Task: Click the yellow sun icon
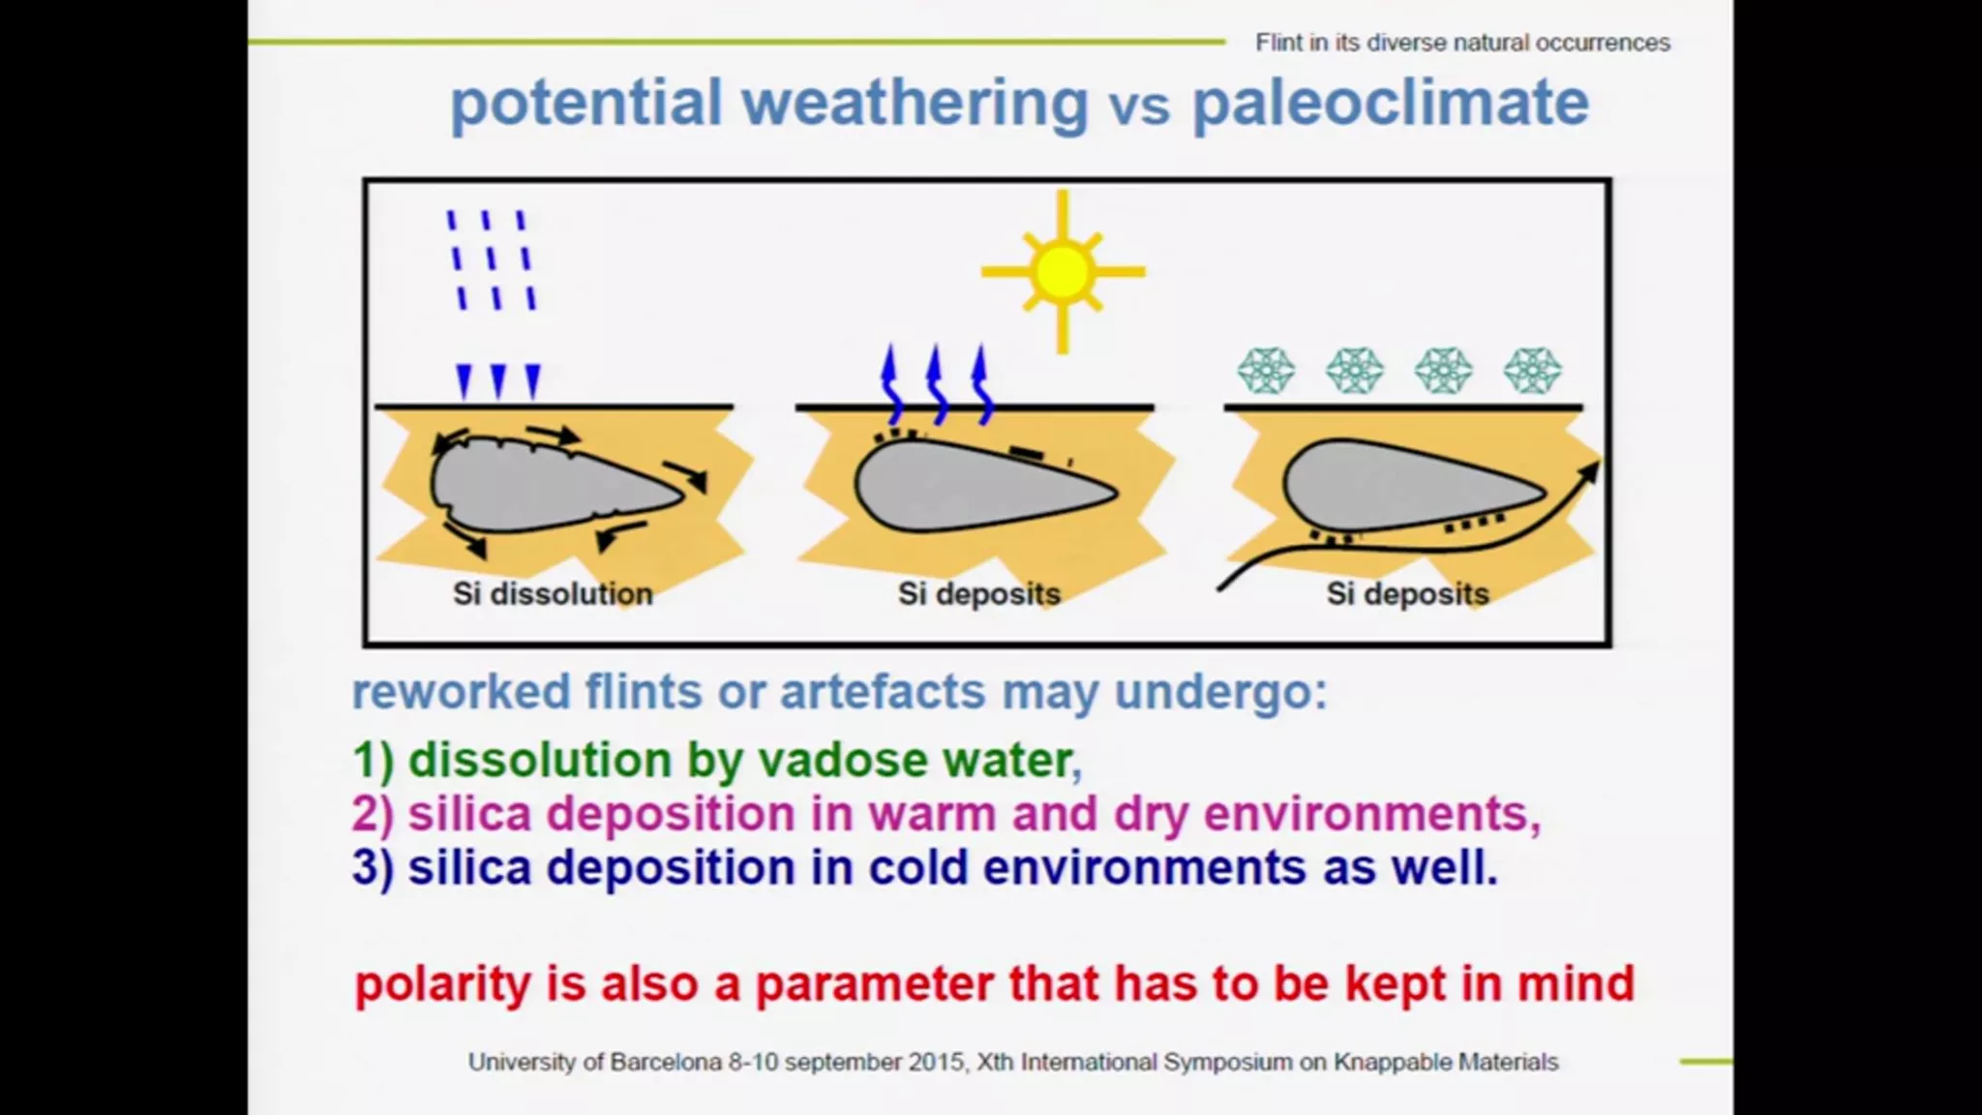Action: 1063,272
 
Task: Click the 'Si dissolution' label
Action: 553,593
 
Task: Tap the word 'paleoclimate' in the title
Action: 1390,103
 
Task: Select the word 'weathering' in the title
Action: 915,103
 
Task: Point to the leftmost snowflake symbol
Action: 1266,371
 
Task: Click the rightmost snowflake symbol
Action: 1533,371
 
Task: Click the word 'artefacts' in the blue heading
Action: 883,692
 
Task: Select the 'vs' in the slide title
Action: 1140,106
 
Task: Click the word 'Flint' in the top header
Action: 1278,43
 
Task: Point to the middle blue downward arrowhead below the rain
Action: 498,381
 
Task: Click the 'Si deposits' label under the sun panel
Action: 979,593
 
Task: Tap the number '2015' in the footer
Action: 938,1062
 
